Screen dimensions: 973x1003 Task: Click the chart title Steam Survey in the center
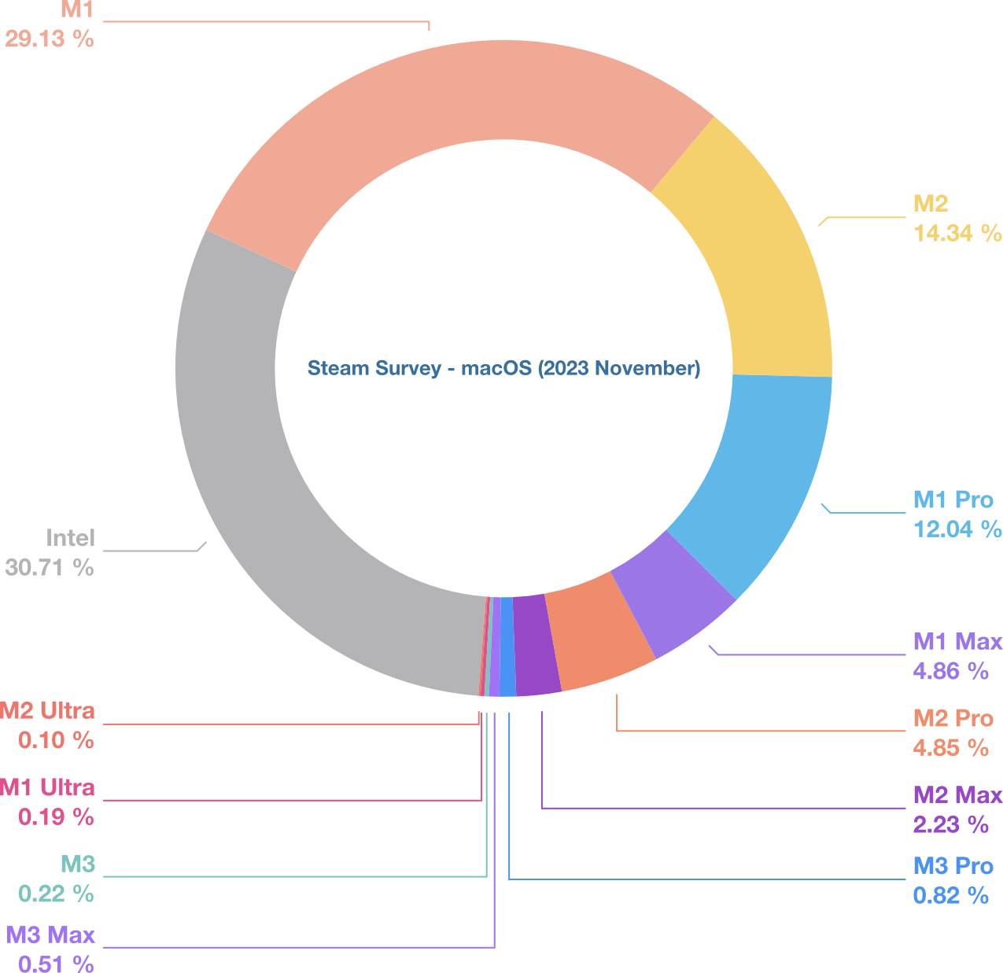coord(503,368)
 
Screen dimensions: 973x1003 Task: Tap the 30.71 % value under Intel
coord(49,567)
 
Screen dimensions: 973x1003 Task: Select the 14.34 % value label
coord(957,233)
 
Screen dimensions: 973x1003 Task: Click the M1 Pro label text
coord(953,499)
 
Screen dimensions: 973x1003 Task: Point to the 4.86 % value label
coord(950,671)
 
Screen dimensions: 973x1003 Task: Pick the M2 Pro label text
coord(953,718)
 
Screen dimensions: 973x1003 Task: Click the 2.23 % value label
coord(950,824)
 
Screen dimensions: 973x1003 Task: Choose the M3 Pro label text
coord(953,866)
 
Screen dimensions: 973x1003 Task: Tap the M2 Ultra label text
coord(48,711)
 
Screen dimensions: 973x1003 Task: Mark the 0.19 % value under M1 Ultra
coord(56,817)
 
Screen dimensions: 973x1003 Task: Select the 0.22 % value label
coord(56,894)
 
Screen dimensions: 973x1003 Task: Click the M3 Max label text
coord(50,935)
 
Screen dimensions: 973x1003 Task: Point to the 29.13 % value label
coord(49,39)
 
